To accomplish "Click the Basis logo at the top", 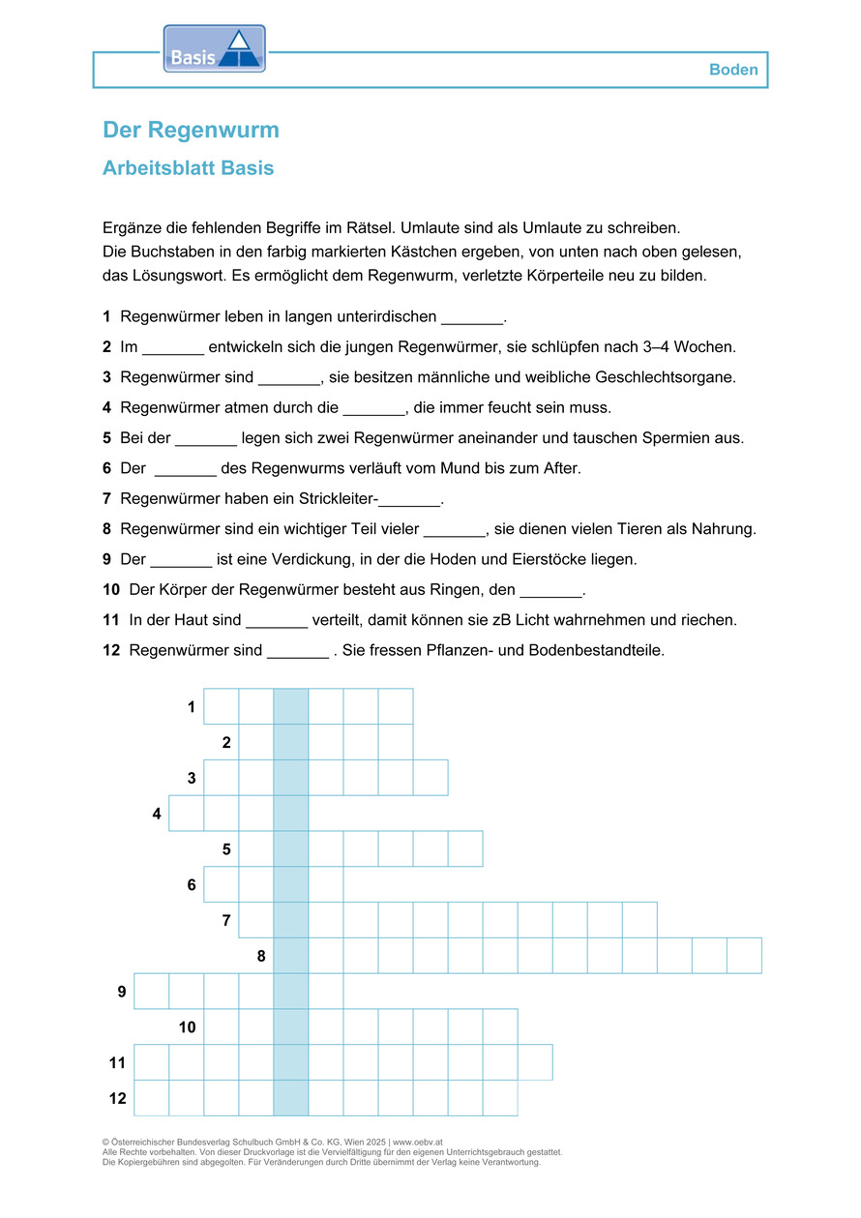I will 214,49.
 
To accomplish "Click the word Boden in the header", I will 733,70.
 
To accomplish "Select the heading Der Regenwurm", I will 191,131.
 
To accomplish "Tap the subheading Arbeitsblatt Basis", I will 188,168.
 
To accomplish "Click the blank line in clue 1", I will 472,318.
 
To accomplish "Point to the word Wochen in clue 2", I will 710,346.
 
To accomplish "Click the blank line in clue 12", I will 297,651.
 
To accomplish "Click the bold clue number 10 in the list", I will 111,590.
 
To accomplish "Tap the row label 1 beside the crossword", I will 192,707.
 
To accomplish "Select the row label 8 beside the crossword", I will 261,957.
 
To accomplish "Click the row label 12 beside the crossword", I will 117,1099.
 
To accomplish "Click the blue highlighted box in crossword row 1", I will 291,706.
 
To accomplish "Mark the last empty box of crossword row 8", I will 744,956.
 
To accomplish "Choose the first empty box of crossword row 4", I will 186,814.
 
